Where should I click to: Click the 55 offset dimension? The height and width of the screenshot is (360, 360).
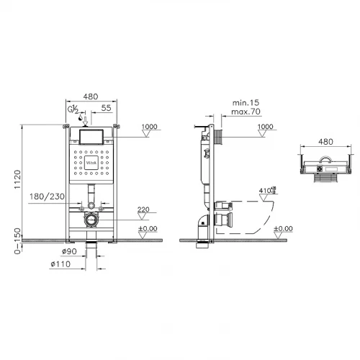pos(107,107)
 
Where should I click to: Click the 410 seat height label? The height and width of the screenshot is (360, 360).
pos(264,191)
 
